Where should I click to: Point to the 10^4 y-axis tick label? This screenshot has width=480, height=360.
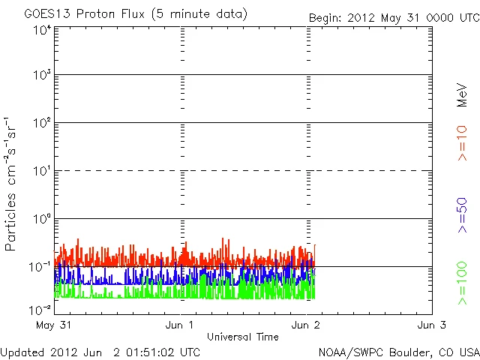(42, 30)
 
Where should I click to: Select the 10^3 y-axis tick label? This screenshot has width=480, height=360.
(42, 75)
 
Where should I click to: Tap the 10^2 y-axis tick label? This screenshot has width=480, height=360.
(42, 122)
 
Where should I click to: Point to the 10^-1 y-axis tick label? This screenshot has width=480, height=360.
(40, 266)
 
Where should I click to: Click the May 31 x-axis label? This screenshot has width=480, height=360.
(53, 325)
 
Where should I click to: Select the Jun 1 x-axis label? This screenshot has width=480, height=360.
(180, 325)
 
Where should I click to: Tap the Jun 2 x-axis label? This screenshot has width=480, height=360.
(306, 325)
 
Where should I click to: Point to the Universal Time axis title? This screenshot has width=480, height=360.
(243, 337)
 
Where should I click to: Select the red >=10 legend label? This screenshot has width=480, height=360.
(462, 142)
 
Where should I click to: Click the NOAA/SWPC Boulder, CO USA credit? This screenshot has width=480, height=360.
(398, 352)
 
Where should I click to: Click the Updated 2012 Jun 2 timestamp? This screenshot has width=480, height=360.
(100, 352)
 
